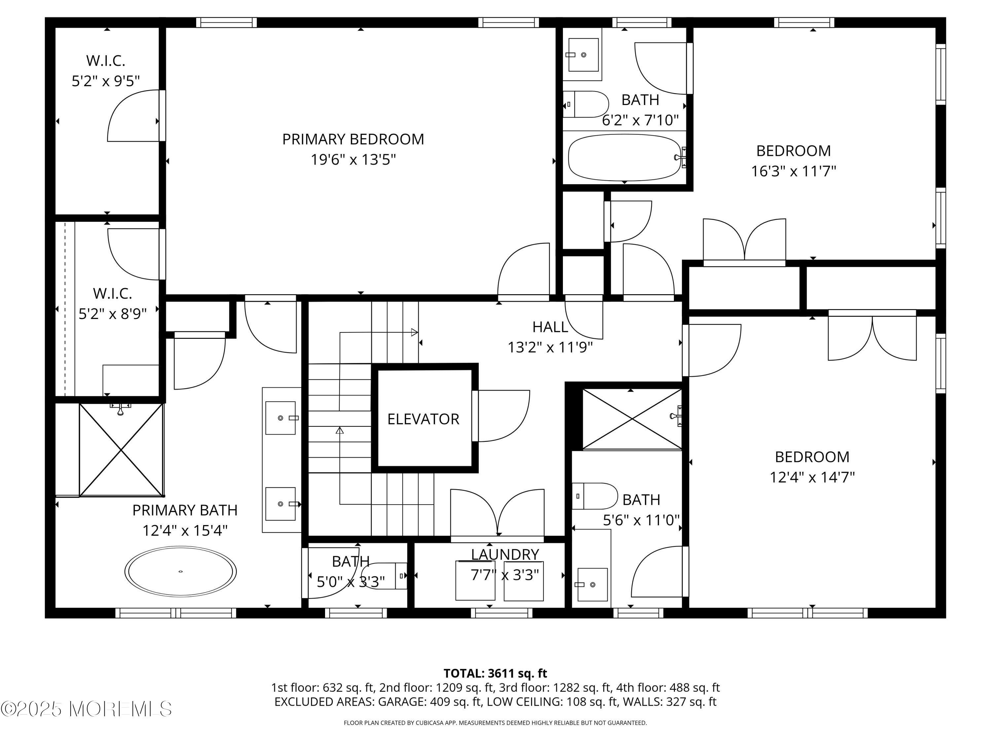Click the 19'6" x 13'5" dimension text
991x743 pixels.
point(353,159)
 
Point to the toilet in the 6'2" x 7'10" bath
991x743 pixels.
point(586,104)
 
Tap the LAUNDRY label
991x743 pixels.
point(504,554)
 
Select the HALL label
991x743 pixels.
point(550,327)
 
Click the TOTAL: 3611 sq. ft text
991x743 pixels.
point(495,673)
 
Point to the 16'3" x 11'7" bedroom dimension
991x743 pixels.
point(793,171)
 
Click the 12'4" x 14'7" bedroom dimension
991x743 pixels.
point(812,477)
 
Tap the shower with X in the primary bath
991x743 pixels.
point(121,450)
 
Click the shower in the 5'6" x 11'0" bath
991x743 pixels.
point(631,419)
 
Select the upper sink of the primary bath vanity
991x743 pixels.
point(280,418)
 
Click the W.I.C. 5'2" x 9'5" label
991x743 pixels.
point(106,71)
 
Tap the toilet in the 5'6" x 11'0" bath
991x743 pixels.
point(594,496)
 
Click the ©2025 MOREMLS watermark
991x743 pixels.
point(86,709)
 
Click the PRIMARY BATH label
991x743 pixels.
point(185,510)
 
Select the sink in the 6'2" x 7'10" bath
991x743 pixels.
point(583,54)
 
